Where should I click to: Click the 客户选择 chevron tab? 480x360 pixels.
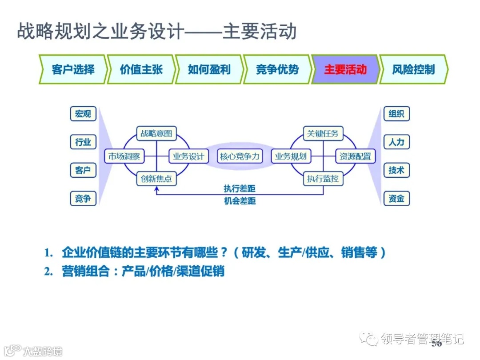[73, 69]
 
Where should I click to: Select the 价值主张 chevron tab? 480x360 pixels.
[141, 69]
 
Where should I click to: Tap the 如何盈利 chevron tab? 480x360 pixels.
[209, 69]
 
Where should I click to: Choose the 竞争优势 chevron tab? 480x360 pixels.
[277, 69]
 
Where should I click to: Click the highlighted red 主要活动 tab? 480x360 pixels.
[345, 69]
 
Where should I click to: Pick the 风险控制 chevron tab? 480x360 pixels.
[413, 69]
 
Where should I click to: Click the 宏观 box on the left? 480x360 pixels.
[83, 114]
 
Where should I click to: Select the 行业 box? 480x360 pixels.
[83, 142]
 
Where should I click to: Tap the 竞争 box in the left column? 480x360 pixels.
[83, 199]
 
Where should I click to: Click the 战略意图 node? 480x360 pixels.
[156, 133]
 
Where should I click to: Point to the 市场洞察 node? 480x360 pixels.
[124, 156]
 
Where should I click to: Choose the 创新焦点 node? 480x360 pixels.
[156, 179]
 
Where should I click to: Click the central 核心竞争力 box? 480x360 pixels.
[240, 156]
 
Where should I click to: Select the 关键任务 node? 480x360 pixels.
[323, 133]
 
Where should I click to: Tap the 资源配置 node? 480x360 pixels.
[355, 156]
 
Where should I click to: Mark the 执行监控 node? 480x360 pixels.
[323, 179]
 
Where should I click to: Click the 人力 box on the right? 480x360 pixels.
[396, 142]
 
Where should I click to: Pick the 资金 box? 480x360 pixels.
[396, 199]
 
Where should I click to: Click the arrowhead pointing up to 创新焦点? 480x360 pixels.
[156, 189]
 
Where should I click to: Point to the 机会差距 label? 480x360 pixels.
[240, 201]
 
